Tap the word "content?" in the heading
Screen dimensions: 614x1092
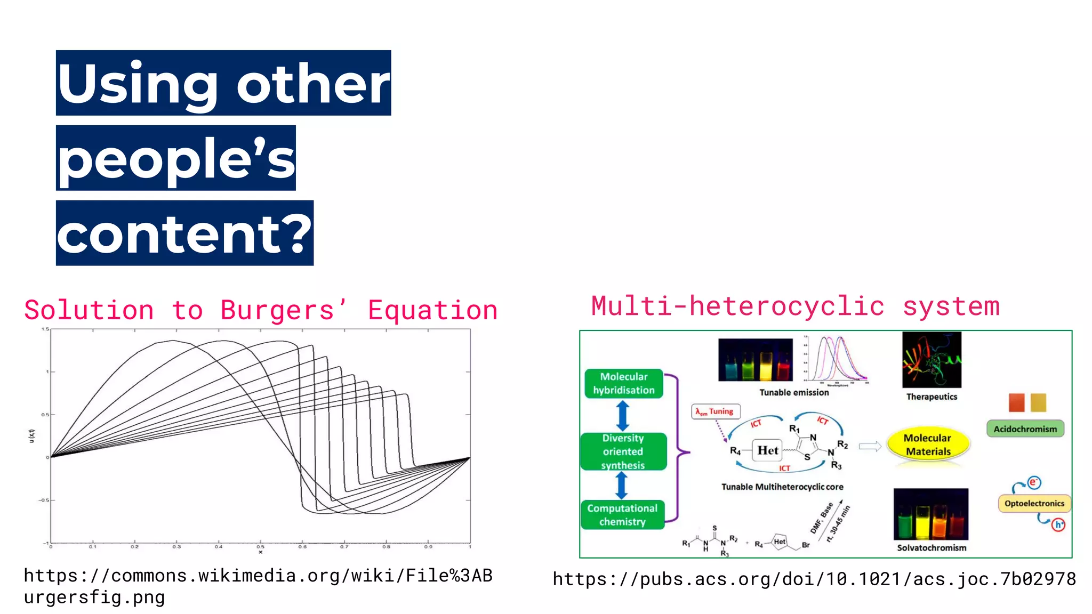184,234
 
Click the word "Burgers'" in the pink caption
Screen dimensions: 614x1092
283,310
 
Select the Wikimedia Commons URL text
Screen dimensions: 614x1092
258,586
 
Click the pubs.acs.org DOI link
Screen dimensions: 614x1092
814,579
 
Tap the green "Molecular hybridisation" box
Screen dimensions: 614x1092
624,383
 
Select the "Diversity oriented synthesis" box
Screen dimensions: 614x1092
623,451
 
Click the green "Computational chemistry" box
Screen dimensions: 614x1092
622,515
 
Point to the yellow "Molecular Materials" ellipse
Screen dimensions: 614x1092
928,445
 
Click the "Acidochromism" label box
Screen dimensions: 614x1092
1025,429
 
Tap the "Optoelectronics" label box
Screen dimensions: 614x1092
1034,503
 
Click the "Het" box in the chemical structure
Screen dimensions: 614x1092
767,450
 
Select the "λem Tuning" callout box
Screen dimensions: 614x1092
716,411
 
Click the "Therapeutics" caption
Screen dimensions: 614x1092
932,397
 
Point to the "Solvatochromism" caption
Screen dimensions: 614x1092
931,547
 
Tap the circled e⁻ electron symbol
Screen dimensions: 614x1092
1034,482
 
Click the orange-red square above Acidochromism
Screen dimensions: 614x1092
1016,402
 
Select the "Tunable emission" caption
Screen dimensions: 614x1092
794,392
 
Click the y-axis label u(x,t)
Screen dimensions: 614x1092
32,435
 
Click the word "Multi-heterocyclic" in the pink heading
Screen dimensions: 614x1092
738,306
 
